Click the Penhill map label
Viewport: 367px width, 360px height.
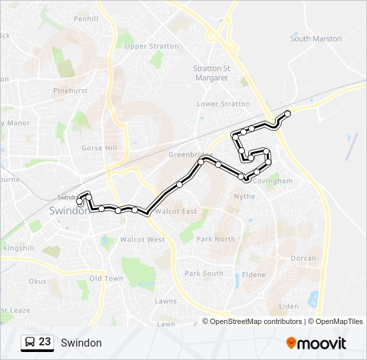tap(85, 19)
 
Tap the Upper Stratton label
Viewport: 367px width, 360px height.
tap(152, 47)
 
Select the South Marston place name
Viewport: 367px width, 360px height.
tap(316, 39)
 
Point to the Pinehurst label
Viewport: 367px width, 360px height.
tap(71, 90)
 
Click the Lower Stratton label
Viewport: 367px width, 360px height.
tap(224, 104)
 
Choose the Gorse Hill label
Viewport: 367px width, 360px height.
tap(99, 148)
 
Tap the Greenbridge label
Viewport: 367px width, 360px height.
tap(190, 155)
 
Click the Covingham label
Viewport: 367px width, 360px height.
tap(273, 181)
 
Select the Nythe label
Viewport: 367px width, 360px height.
tap(244, 197)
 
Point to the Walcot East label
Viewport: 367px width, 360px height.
tap(175, 211)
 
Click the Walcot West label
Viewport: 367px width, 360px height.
tap(142, 239)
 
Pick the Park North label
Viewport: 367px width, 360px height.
tap(216, 239)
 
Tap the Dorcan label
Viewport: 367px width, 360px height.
tap(304, 258)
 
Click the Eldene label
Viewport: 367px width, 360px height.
tap(254, 275)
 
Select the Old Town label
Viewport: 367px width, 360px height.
tap(106, 278)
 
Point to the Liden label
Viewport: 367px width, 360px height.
tap(289, 307)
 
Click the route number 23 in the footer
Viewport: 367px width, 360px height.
tap(45, 342)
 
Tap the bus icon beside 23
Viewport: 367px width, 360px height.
tap(30, 343)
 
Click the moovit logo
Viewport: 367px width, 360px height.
tap(316, 343)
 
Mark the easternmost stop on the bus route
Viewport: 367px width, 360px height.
tap(288, 113)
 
